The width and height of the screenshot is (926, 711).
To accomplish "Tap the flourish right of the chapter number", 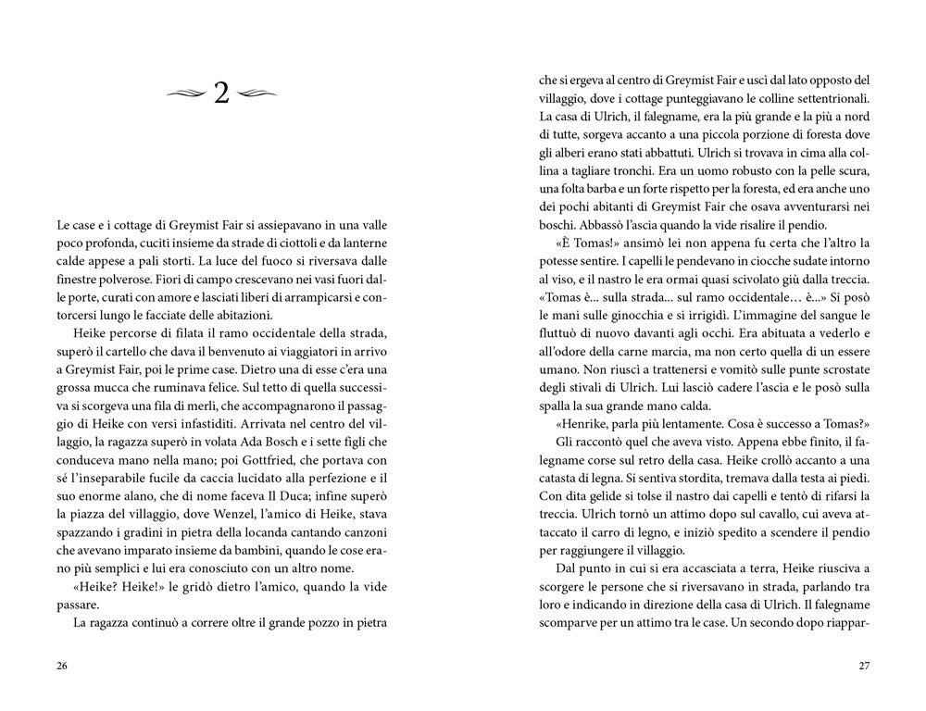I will [x=257, y=93].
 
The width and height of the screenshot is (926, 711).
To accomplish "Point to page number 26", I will [x=62, y=666].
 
